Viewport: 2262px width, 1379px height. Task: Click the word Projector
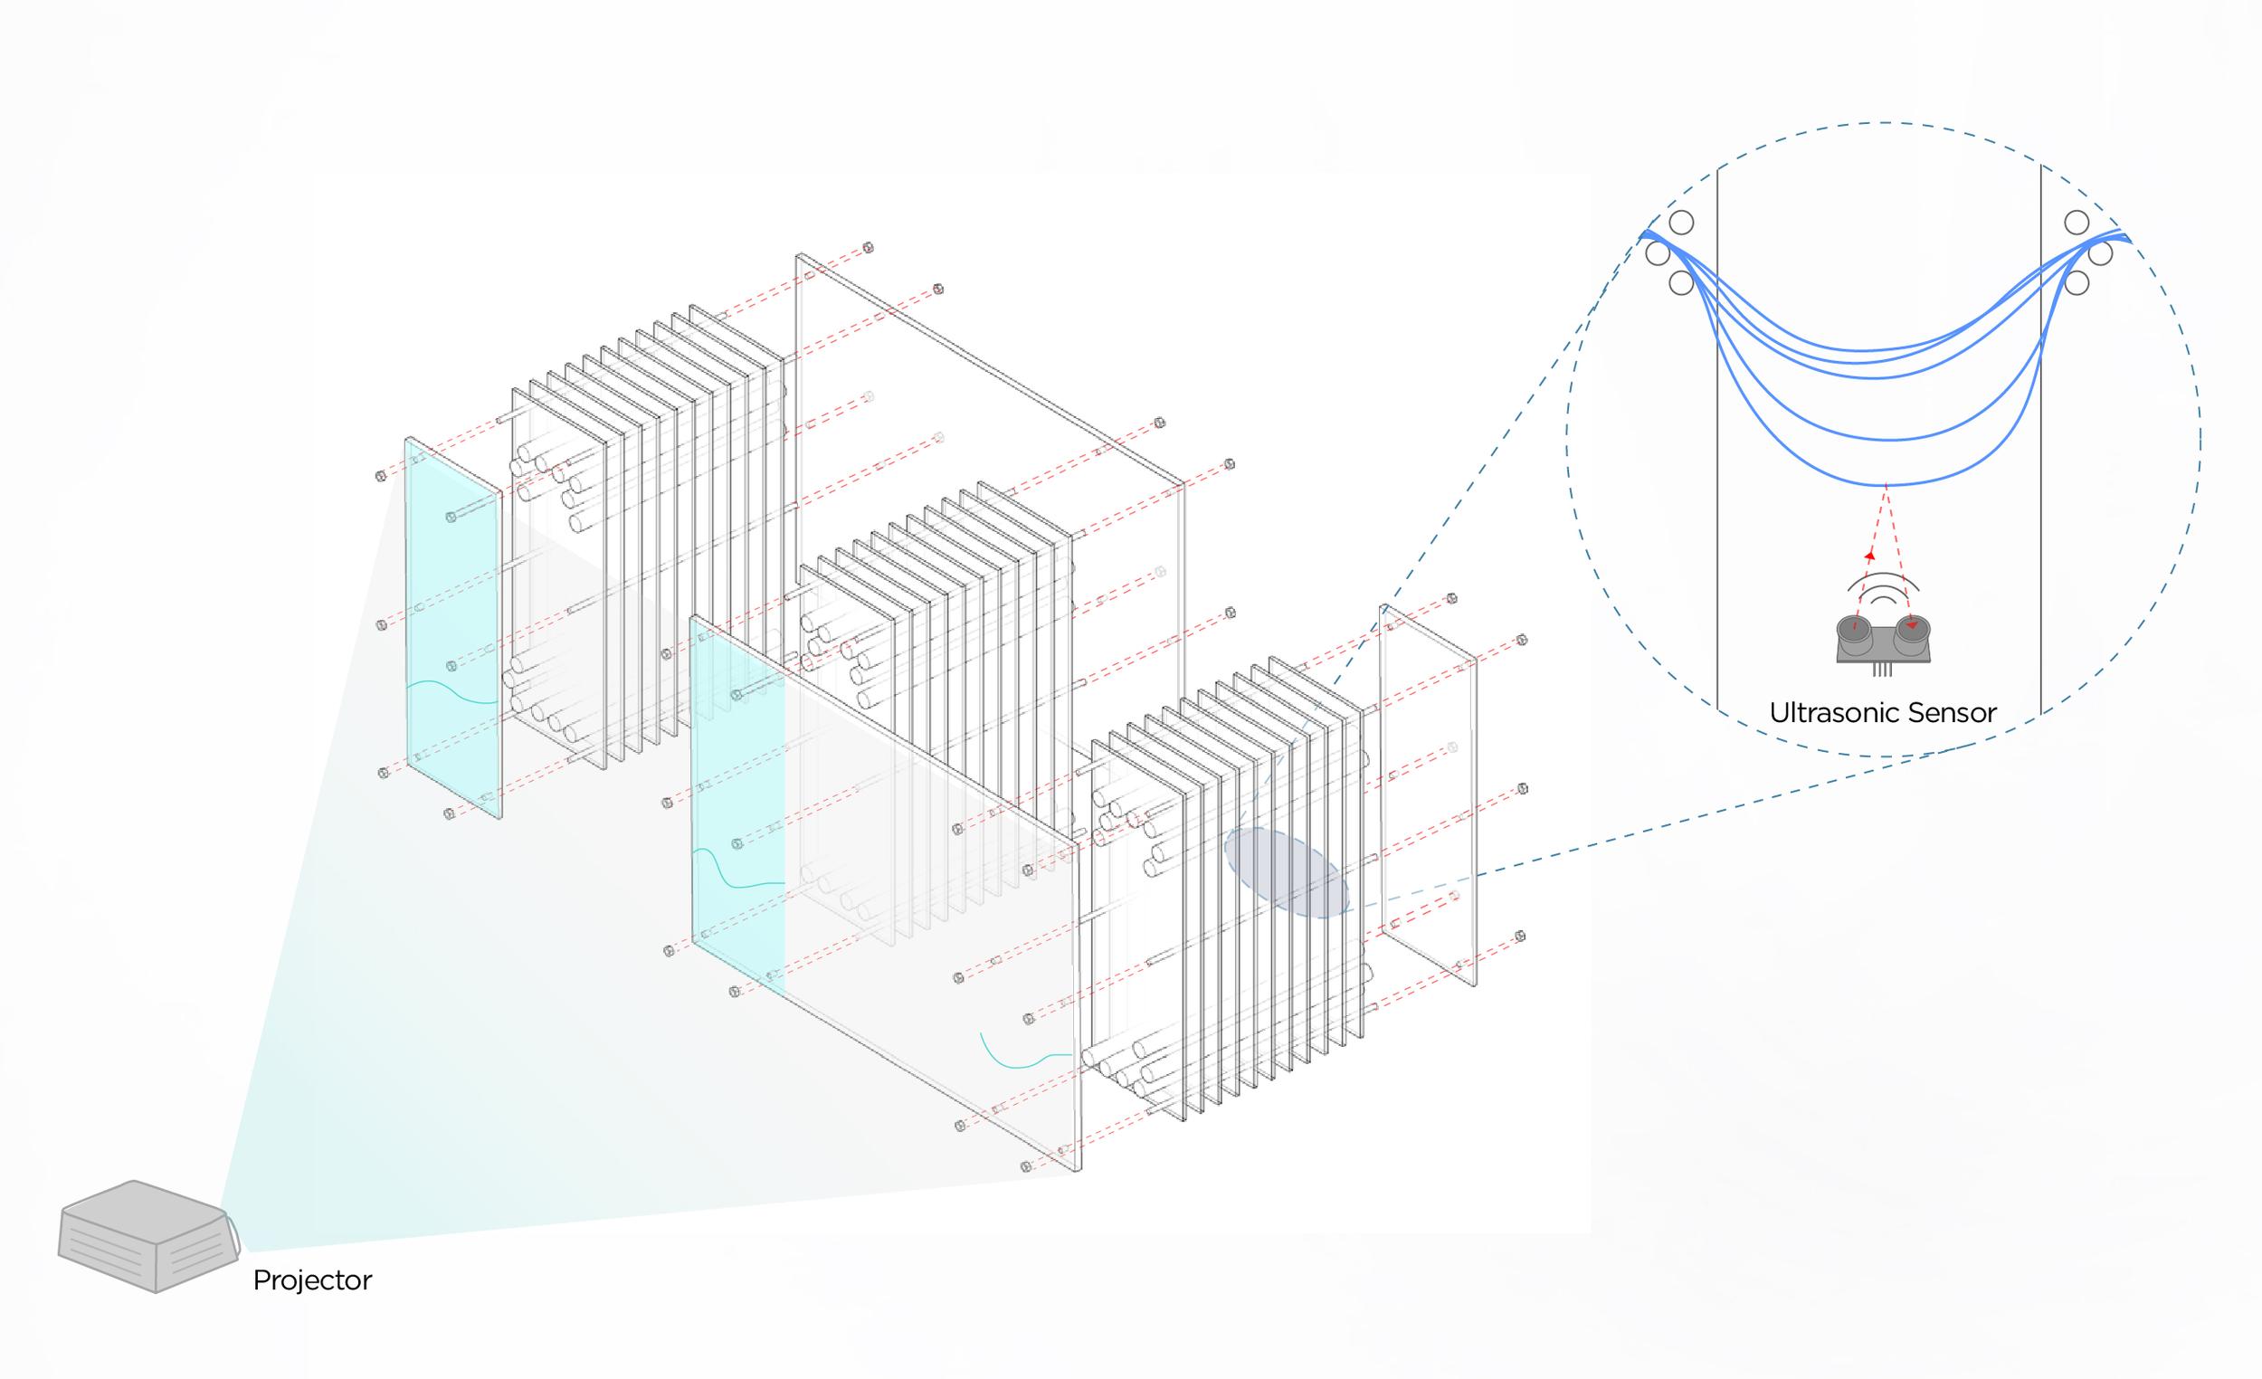pyautogui.click(x=312, y=1279)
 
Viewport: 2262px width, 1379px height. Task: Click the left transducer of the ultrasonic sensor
pyautogui.click(x=1856, y=631)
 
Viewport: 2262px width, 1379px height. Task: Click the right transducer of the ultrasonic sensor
pyautogui.click(x=1912, y=631)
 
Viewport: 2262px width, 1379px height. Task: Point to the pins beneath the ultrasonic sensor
pyautogui.click(x=1883, y=670)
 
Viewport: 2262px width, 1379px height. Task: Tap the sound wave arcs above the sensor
pyautogui.click(x=1884, y=588)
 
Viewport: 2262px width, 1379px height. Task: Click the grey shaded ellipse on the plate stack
pyautogui.click(x=1286, y=873)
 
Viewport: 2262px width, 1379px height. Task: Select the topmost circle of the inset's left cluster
pyautogui.click(x=1681, y=223)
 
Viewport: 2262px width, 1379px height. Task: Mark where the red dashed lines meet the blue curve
pyautogui.click(x=1886, y=485)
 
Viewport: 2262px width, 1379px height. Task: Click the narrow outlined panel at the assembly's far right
pyautogui.click(x=1429, y=794)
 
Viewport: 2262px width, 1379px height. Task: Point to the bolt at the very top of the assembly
pyautogui.click(x=868, y=248)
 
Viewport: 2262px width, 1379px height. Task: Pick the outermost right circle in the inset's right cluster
pyautogui.click(x=2100, y=252)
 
